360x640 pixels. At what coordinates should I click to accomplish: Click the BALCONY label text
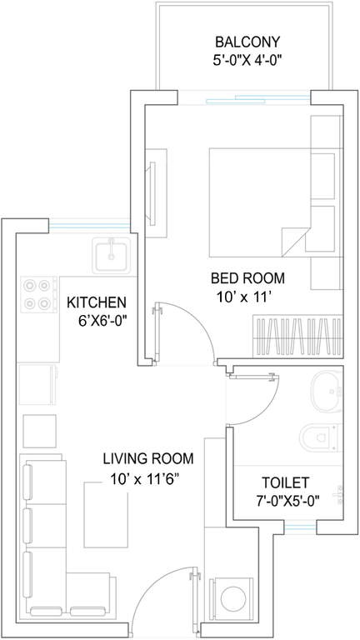click(x=247, y=42)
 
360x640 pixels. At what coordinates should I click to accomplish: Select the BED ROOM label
click(x=247, y=278)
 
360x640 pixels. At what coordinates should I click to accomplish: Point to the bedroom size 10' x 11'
click(x=245, y=297)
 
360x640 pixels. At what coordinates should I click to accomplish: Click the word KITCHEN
click(x=97, y=302)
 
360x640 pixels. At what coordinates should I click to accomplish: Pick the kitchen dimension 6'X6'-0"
click(x=102, y=321)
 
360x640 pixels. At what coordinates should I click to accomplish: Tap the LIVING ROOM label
click(x=148, y=459)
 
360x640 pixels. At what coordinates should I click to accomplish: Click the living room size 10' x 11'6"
click(x=145, y=478)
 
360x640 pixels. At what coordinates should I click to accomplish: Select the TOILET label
click(x=285, y=482)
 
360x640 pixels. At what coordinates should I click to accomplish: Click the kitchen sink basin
click(x=112, y=255)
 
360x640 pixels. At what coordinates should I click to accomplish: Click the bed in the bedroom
click(x=260, y=202)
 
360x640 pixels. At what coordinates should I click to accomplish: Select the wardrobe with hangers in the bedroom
click(x=297, y=336)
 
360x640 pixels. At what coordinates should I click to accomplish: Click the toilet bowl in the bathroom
click(x=320, y=438)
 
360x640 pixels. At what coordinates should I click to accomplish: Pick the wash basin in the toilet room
click(x=327, y=391)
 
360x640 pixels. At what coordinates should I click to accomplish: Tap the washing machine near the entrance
click(x=231, y=598)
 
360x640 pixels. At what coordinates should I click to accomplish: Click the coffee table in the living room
click(x=106, y=514)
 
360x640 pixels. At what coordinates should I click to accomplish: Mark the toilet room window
click(x=300, y=528)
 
